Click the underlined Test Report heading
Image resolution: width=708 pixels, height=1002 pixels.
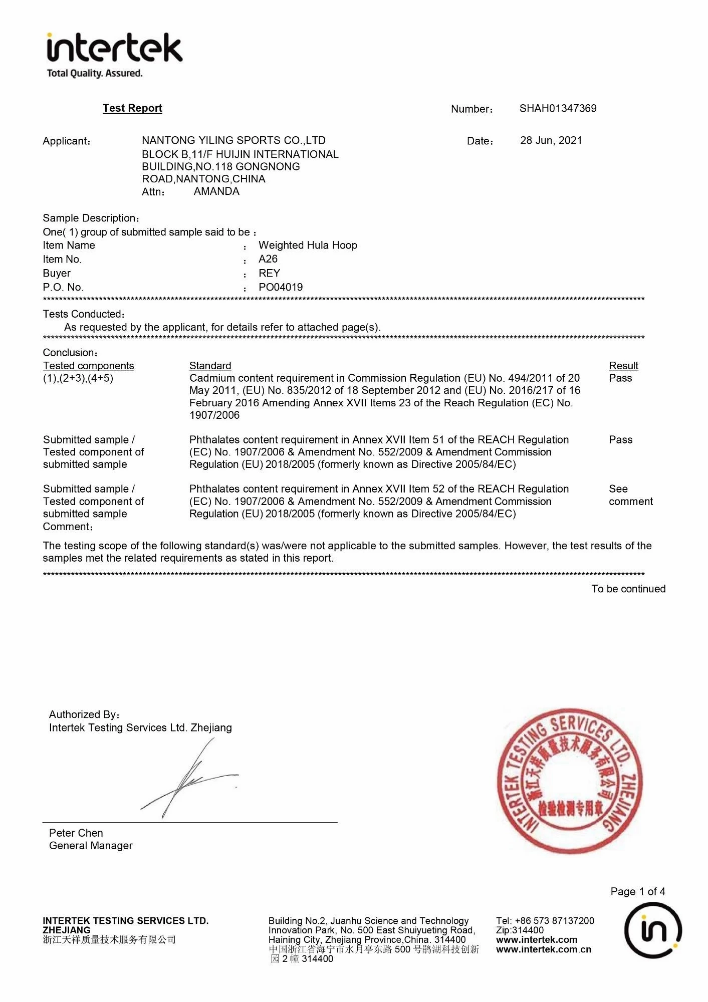pos(132,108)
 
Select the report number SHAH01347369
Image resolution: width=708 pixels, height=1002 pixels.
pos(558,108)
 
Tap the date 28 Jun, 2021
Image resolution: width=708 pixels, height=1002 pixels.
pos(551,140)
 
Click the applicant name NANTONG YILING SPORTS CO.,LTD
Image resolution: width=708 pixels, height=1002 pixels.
pos(233,140)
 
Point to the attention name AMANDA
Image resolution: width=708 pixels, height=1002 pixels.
pos(216,191)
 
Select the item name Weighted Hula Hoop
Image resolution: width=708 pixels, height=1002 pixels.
pos(308,245)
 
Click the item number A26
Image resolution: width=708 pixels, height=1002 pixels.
pos(268,259)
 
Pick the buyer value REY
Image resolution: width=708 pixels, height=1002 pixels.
pos(269,273)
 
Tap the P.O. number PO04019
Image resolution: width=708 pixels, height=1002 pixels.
pos(281,287)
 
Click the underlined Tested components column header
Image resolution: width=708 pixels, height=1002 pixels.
pos(88,366)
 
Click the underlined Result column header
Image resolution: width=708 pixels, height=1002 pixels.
pos(623,366)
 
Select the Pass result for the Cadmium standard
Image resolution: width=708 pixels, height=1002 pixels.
pos(620,378)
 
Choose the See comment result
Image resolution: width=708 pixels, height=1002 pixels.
pos(630,495)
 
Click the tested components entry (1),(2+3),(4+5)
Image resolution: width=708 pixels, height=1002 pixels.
pos(78,378)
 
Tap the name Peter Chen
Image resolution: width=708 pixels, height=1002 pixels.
pos(76,833)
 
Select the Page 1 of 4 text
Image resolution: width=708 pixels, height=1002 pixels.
pos(637,891)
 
